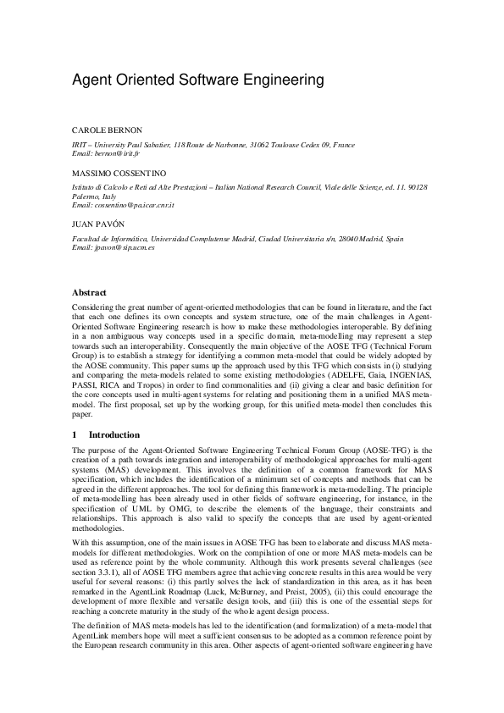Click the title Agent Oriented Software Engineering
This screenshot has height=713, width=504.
point(198,80)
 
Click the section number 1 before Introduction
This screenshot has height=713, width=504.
point(75,434)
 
